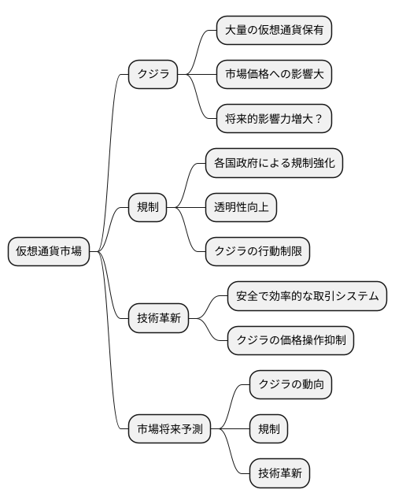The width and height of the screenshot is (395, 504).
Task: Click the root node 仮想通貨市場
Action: pos(49,251)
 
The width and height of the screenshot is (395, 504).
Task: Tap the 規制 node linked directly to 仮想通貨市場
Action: pos(147,207)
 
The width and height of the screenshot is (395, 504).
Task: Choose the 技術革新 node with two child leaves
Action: pos(158,317)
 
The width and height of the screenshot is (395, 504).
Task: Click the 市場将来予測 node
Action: pos(169,429)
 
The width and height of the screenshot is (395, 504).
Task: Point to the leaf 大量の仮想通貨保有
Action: pos(274,31)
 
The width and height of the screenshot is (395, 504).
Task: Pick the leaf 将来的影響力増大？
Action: pos(274,119)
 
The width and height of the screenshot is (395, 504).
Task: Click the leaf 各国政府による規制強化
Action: pos(274,163)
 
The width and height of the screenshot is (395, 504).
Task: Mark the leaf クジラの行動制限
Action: pos(257,251)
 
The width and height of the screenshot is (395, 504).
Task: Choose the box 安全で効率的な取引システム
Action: pos(307,295)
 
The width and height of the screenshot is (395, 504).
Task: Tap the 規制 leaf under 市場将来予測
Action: pos(268,429)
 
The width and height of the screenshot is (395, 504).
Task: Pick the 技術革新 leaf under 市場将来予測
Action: pos(279,473)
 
